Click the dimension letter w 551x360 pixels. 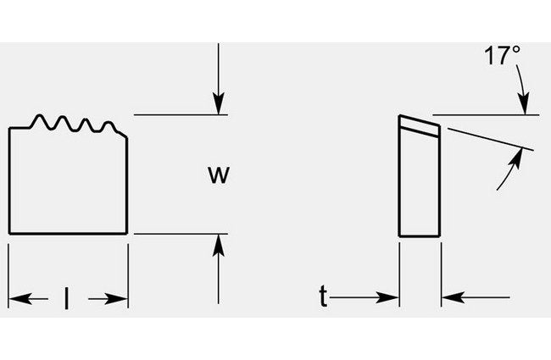(219, 174)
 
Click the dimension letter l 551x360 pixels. (68, 298)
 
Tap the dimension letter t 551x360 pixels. (323, 296)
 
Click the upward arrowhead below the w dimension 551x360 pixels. (219, 243)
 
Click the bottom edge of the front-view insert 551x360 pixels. (68, 233)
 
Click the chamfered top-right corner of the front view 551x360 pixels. (124, 133)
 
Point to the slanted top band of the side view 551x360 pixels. (420, 125)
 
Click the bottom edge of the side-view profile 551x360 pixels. (420, 235)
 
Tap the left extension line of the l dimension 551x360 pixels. (8, 271)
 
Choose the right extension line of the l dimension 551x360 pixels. (128, 271)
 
